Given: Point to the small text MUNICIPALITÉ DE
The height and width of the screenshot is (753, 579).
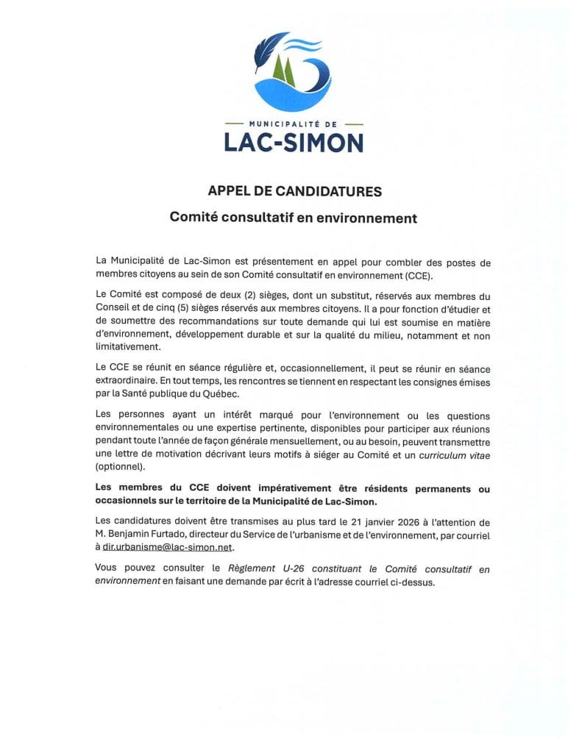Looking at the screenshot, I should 294,124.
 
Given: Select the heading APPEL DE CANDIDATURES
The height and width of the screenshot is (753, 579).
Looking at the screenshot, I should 294,192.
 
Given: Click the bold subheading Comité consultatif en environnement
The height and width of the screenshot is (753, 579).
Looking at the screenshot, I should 294,218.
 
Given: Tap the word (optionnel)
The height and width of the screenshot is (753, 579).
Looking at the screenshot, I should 121,467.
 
